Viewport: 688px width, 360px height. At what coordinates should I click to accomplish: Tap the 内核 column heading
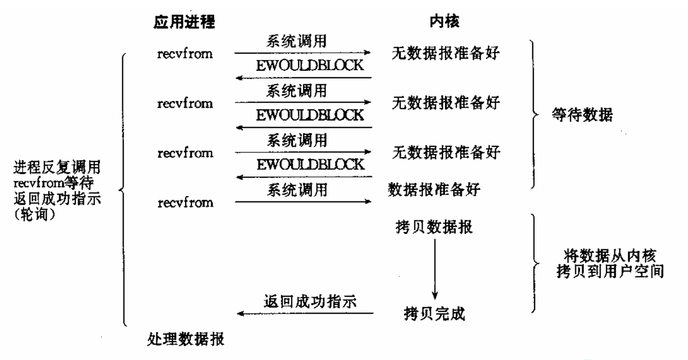(x=444, y=22)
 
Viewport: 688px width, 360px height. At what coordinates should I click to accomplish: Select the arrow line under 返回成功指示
(x=305, y=314)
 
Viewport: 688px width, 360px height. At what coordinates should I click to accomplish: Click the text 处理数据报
(x=186, y=340)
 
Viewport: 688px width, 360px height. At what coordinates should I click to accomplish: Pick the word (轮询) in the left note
(x=35, y=217)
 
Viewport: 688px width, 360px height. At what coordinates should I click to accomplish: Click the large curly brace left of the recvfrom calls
(x=123, y=189)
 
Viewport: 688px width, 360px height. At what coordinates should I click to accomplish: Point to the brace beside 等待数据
(x=534, y=115)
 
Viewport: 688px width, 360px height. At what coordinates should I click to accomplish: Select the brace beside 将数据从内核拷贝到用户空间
(x=534, y=263)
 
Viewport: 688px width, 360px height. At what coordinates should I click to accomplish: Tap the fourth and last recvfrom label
(x=185, y=203)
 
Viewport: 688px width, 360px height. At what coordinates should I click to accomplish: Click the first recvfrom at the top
(x=185, y=53)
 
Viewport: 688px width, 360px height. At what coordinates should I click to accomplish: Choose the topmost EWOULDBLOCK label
(x=310, y=65)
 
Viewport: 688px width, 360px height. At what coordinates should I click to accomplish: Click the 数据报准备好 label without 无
(x=435, y=190)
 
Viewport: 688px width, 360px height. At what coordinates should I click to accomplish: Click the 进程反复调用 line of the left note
(x=56, y=165)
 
